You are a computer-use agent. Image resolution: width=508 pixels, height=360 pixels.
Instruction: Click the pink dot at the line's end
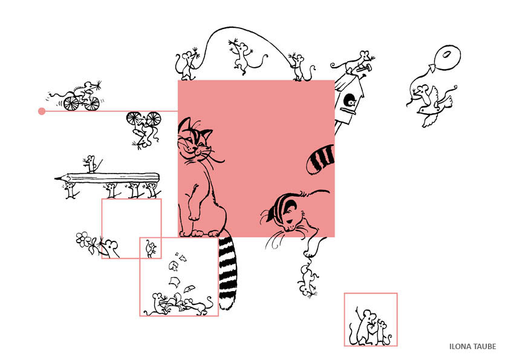42,111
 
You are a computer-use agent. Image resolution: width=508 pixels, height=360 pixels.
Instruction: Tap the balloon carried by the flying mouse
448,57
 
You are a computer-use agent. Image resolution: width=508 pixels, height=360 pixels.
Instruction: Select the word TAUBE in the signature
485,347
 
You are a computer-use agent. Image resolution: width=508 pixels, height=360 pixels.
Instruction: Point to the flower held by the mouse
83,239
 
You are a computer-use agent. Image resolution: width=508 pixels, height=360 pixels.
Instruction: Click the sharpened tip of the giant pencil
56,178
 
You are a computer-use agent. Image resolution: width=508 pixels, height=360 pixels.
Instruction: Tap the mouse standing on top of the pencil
91,163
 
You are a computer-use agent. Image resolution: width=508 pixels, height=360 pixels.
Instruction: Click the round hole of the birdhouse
350,100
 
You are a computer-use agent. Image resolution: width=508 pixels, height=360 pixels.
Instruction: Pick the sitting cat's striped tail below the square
227,272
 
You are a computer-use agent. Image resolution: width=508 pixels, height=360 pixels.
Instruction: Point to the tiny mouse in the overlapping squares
151,249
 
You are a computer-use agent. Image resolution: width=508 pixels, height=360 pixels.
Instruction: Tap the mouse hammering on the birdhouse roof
353,63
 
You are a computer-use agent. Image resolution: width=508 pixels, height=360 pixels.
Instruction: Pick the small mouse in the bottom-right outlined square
382,333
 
